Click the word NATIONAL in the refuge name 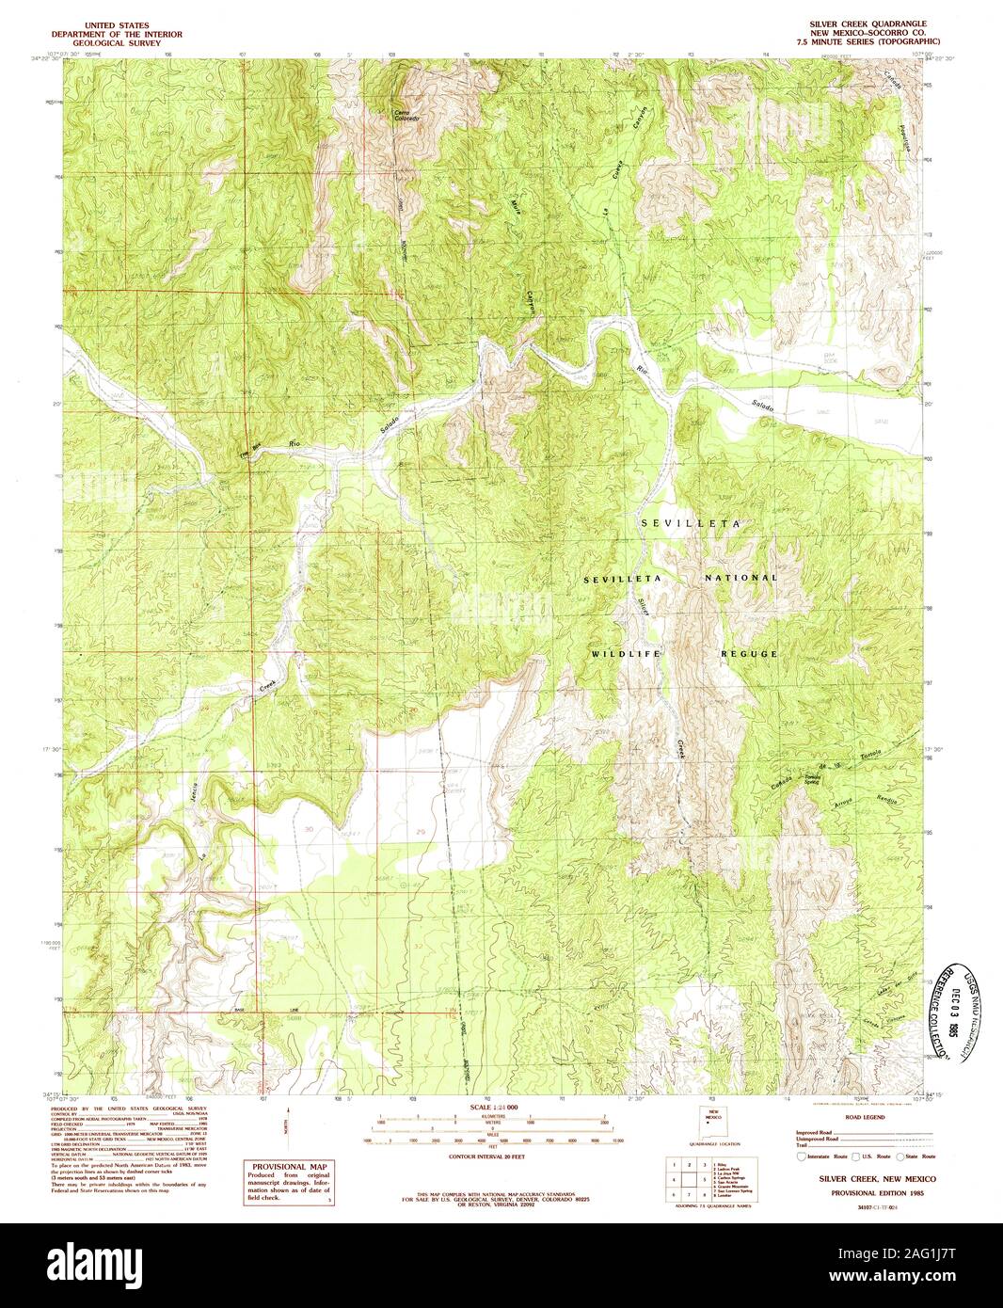pos(742,578)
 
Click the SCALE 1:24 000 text pos(494,1107)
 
